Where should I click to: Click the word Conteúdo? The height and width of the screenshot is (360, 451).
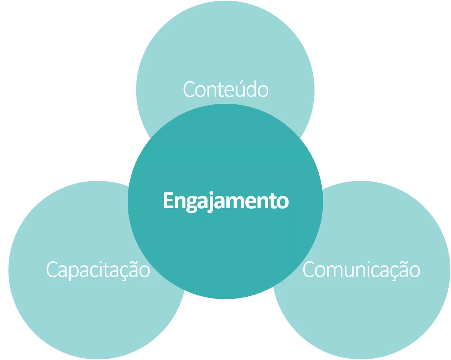[x=226, y=89]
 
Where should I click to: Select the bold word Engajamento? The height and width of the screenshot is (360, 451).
[x=226, y=201]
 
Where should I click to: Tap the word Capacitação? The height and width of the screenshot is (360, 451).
[x=98, y=270]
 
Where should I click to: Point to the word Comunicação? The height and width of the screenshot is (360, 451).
[x=361, y=270]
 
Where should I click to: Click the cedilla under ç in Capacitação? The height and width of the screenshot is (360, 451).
[x=119, y=279]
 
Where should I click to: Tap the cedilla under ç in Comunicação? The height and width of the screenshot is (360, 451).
[x=389, y=279]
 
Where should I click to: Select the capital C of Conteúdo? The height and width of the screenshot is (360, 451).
[x=189, y=90]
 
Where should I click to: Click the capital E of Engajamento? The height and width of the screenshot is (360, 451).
[x=168, y=201]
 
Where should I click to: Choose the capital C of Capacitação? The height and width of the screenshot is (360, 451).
[x=52, y=270]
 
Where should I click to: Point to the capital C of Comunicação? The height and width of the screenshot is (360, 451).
[x=309, y=270]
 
